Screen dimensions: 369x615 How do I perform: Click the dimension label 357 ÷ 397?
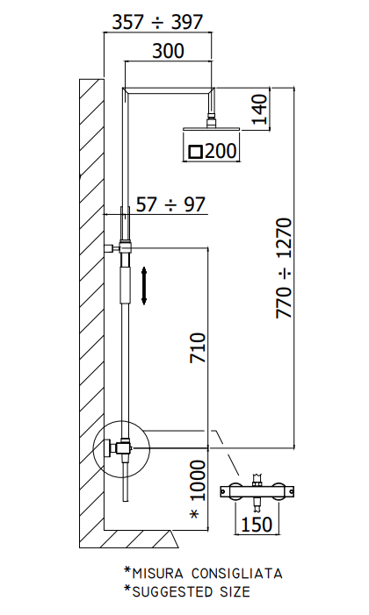(x=157, y=22)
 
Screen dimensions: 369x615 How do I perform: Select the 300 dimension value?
(x=168, y=51)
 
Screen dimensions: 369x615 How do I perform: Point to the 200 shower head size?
(x=221, y=151)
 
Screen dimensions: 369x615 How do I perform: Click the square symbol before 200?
(x=196, y=152)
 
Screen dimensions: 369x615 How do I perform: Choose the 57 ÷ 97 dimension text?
(x=170, y=204)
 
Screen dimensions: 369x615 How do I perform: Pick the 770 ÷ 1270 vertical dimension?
(x=284, y=268)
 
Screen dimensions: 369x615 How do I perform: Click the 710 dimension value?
(x=198, y=348)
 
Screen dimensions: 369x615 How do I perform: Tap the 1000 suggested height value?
(x=198, y=481)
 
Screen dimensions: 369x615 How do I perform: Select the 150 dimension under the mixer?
(x=257, y=524)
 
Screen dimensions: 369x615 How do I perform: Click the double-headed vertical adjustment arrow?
(x=144, y=286)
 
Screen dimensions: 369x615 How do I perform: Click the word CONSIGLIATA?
(x=236, y=574)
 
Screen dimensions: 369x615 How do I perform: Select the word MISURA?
(x=157, y=574)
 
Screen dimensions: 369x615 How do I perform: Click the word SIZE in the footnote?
(x=234, y=591)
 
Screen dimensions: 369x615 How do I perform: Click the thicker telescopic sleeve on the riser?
(x=124, y=283)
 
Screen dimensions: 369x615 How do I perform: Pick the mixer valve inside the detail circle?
(x=119, y=448)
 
